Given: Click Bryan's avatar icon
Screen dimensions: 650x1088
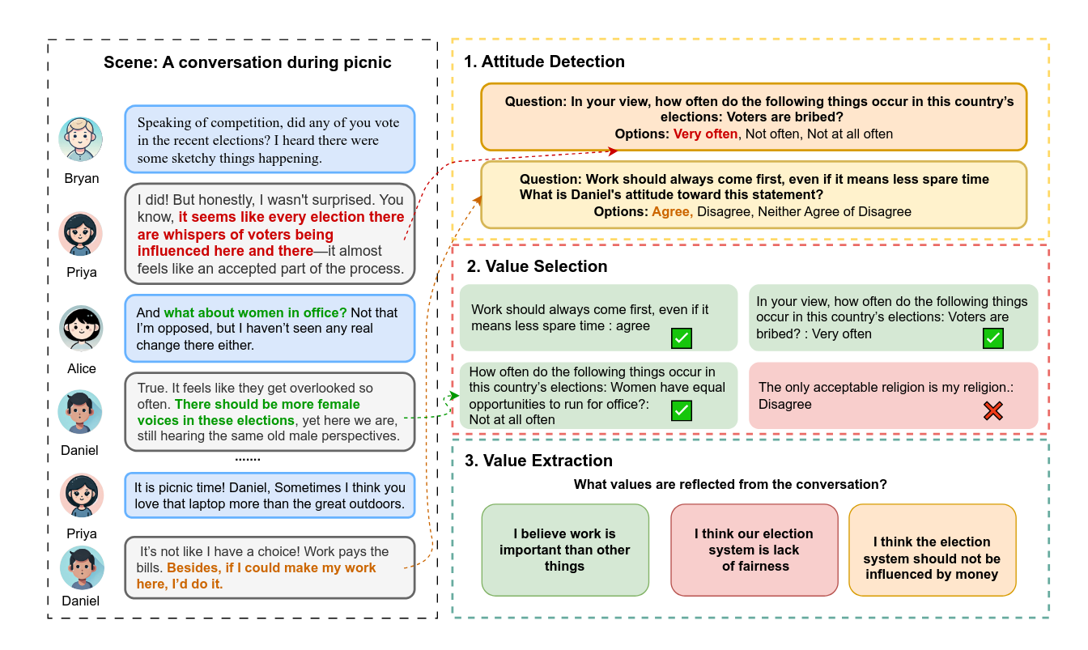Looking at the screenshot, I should (80, 139).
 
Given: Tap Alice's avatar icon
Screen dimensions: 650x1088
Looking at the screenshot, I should (80, 329).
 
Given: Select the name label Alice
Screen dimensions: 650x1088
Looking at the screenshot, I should (81, 368).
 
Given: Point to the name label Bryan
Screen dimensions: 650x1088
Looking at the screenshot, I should (81, 178).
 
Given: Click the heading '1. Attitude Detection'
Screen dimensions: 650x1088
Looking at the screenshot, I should (544, 62).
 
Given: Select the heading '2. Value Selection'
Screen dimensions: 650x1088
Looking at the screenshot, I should (537, 266).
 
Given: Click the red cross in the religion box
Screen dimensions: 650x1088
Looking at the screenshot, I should (992, 411).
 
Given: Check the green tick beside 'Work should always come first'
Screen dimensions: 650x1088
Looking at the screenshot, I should (682, 338).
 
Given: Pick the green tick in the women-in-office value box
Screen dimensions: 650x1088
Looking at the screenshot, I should (682, 410).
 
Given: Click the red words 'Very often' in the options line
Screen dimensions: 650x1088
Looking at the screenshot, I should (705, 134).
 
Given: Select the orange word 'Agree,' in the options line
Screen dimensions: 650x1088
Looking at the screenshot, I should (672, 211).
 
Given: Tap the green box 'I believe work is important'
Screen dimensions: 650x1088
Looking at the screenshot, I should (564, 550).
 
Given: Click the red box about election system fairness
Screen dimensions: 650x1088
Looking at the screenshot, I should (754, 550).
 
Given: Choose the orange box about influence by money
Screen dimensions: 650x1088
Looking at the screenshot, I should (931, 558).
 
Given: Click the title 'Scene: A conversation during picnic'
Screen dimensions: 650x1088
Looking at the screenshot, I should (248, 62).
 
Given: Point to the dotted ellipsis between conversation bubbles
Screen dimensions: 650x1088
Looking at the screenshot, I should (248, 459).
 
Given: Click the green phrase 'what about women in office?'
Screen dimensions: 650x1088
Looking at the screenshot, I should (255, 312).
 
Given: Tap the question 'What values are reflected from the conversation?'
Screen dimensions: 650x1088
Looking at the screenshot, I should (730, 485).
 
